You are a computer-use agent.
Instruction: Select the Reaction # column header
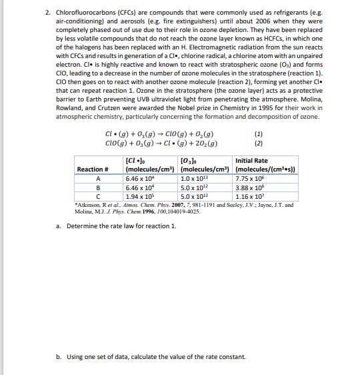94,169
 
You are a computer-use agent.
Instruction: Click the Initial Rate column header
252,161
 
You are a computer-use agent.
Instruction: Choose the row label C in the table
98,197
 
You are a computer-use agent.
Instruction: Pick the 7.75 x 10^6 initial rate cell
251,178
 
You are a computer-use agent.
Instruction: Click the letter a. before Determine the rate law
59,226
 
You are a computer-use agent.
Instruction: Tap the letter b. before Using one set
59,356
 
